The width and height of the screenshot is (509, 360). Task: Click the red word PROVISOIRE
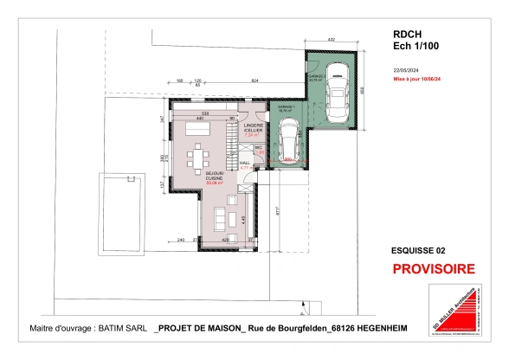click(433, 269)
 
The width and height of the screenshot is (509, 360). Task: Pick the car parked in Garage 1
click(288, 139)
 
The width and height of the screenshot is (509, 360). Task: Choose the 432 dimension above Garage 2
click(332, 40)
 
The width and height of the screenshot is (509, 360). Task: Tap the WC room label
click(258, 149)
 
